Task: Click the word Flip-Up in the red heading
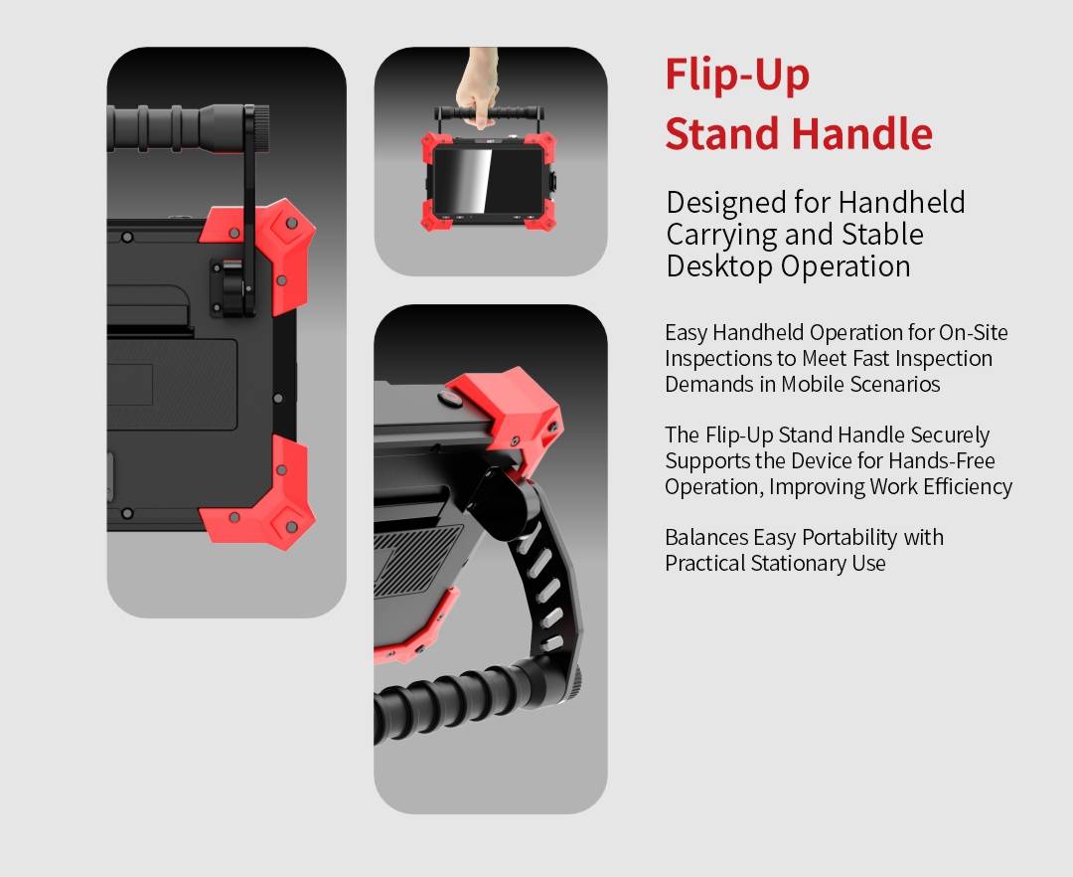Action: (737, 76)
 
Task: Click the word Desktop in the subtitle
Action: (720, 266)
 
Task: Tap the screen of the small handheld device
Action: (487, 181)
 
